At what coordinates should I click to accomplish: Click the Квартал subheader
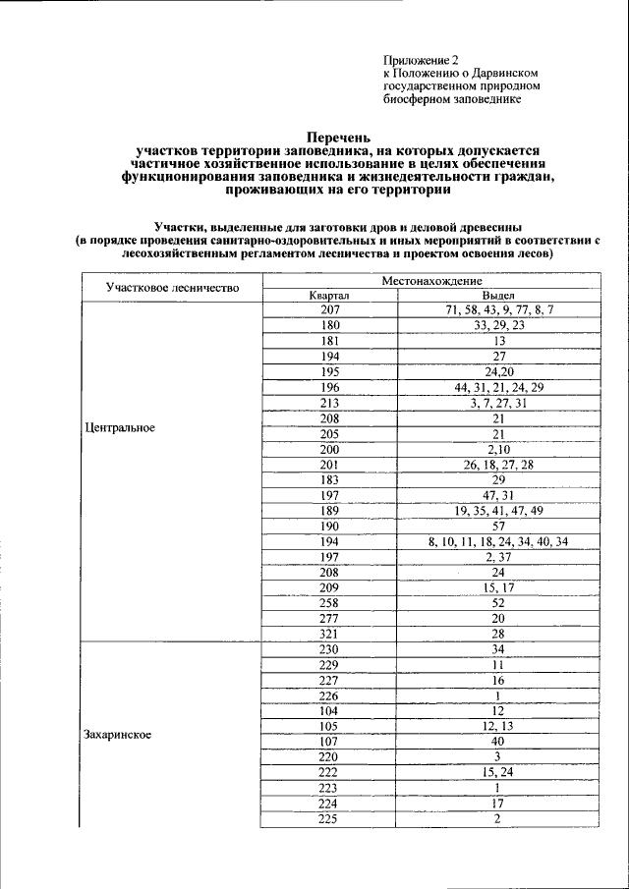[329, 295]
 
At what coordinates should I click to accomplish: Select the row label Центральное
[122, 428]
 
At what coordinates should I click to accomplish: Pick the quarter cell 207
[329, 309]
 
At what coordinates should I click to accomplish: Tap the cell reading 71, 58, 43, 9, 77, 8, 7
[498, 309]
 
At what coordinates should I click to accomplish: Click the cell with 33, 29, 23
[498, 325]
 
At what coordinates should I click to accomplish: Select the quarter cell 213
[329, 402]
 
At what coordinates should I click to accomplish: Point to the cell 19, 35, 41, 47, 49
[498, 510]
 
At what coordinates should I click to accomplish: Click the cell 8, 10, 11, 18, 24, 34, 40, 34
[498, 540]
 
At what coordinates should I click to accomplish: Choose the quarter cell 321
[329, 633]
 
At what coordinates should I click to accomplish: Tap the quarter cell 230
[329, 648]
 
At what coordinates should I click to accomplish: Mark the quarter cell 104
[329, 710]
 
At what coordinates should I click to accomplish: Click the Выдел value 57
[498, 526]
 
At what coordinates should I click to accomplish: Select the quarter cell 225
[329, 818]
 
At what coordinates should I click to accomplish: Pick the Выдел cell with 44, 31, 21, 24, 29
[498, 387]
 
